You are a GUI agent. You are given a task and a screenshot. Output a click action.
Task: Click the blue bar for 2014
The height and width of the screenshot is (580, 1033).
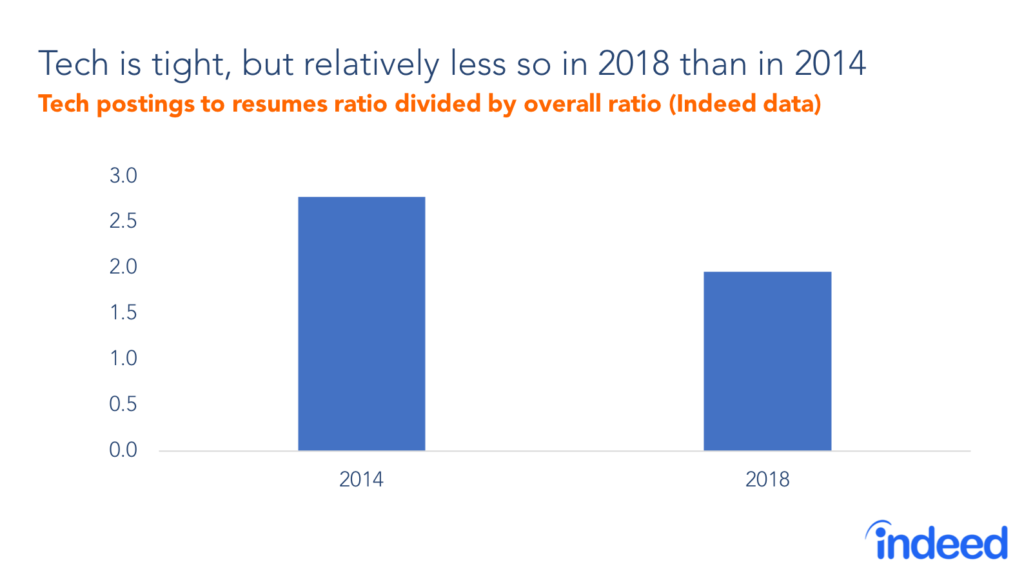[361, 323]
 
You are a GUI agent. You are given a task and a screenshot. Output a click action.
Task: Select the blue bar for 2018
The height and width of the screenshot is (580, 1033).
[767, 361]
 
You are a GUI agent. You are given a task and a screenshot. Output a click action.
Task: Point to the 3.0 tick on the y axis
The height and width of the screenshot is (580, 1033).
[123, 175]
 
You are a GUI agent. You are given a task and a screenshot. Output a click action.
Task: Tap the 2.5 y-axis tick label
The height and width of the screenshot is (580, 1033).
[123, 221]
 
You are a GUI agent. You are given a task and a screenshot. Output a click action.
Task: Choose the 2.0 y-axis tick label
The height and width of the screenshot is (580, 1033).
[123, 266]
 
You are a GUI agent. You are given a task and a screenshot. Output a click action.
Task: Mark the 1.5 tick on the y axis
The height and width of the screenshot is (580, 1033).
[123, 312]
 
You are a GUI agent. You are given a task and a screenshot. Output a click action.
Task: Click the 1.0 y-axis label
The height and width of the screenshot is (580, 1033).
[123, 358]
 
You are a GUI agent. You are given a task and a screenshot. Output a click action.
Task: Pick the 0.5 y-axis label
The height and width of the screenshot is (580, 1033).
[123, 404]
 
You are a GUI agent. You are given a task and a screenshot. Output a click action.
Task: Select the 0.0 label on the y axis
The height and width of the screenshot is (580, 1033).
[123, 450]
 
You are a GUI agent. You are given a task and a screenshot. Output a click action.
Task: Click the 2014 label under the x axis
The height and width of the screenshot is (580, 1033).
[361, 479]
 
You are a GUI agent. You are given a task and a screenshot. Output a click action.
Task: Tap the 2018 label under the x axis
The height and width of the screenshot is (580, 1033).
[767, 479]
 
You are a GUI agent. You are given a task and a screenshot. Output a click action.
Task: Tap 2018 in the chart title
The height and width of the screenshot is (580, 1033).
[633, 64]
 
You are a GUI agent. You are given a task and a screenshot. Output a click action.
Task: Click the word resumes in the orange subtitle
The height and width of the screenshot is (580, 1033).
[279, 104]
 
